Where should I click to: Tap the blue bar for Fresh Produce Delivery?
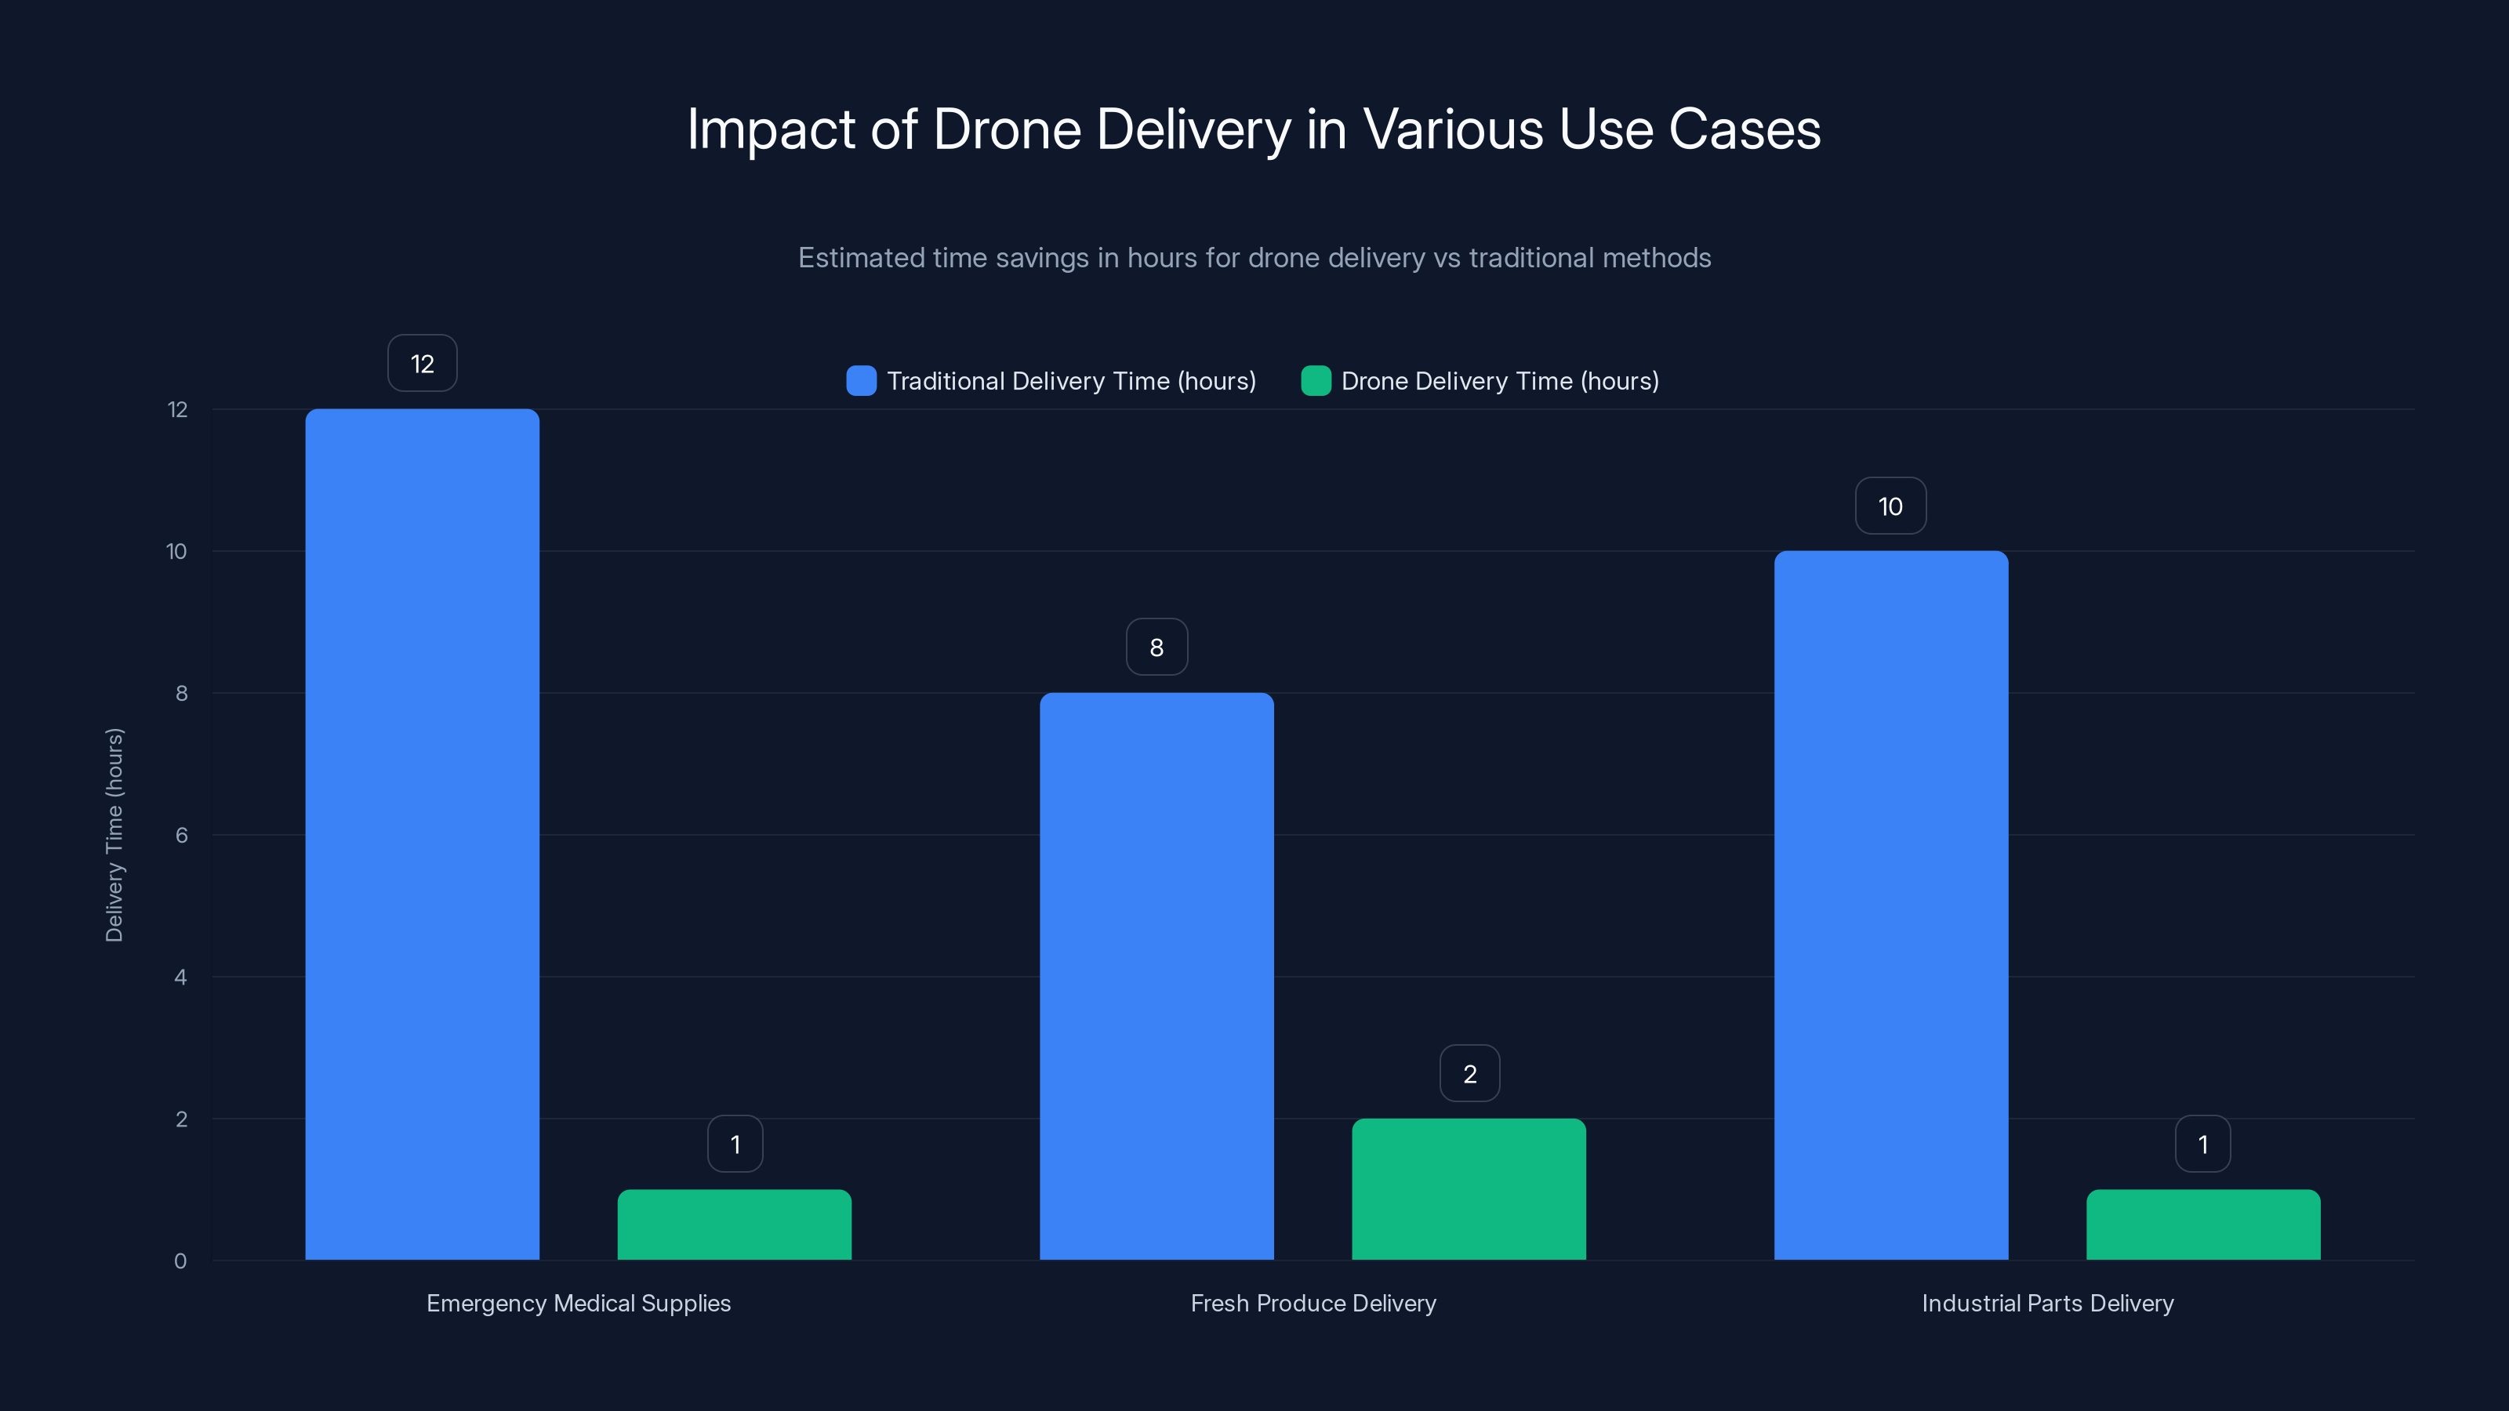tap(1156, 976)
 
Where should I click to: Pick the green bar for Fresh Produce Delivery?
tap(1469, 1189)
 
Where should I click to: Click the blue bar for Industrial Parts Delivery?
tap(1890, 905)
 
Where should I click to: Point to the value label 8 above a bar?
tap(1156, 647)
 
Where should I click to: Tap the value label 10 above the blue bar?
tap(1890, 506)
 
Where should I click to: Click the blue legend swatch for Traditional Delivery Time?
tap(861, 381)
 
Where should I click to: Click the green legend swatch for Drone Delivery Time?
tap(1316, 381)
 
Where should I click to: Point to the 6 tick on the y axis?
tap(181, 835)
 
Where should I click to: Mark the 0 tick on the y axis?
tap(180, 1261)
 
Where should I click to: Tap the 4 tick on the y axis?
tap(180, 977)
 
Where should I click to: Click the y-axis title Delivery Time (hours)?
tap(114, 835)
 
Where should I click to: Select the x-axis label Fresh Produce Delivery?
tap(1313, 1303)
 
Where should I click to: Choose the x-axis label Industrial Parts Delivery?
tap(2047, 1303)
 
